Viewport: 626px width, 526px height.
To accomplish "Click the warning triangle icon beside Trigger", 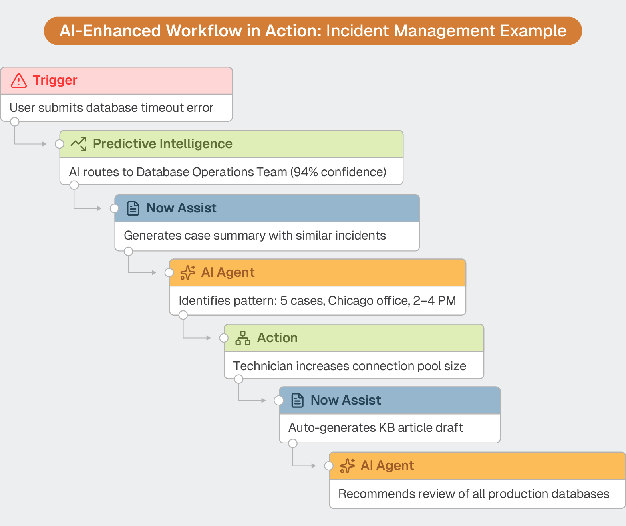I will click(19, 81).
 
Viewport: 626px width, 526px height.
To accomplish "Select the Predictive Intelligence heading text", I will click(162, 144).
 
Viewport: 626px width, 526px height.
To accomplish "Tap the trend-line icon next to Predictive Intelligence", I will click(79, 144).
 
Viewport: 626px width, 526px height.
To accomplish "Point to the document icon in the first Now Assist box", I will click(133, 208).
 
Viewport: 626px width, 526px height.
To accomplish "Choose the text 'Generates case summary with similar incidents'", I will click(255, 236).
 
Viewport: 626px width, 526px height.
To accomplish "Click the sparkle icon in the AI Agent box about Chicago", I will click(187, 272).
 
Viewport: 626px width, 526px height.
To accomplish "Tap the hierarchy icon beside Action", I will click(242, 338).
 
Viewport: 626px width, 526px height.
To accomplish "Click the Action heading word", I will click(277, 338).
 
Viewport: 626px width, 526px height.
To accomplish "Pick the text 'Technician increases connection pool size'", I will click(349, 366).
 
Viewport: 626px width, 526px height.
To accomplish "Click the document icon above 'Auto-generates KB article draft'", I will click(297, 400).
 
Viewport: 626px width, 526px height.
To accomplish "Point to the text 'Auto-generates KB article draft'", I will click(375, 428).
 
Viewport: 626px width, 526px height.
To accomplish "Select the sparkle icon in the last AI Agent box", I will click(347, 466).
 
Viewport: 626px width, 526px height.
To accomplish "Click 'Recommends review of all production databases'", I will click(474, 494).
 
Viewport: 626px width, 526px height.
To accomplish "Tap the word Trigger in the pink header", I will click(55, 80).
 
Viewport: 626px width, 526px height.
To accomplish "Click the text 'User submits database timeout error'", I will click(111, 108).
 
